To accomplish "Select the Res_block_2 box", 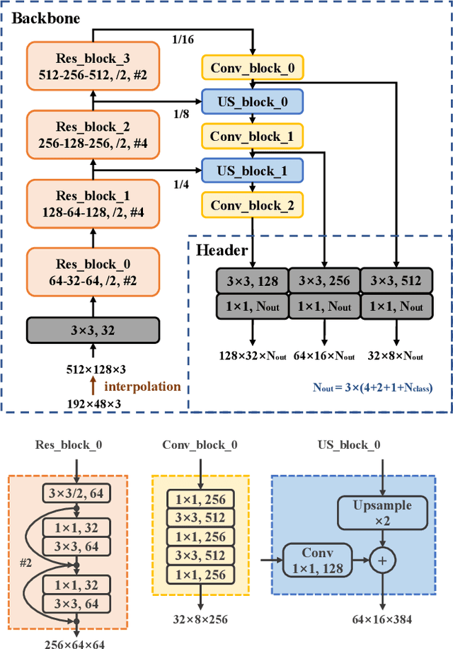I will pyautogui.click(x=92, y=134).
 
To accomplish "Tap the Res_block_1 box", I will pyautogui.click(x=92, y=204).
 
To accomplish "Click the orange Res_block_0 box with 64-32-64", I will pyautogui.click(x=92, y=272).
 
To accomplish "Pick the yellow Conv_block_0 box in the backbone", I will pyautogui.click(x=253, y=68).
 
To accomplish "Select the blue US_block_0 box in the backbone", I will pyautogui.click(x=253, y=102).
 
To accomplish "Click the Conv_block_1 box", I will pyautogui.click(x=253, y=136).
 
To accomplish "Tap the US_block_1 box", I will pyautogui.click(x=253, y=171).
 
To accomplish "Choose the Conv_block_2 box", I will pyautogui.click(x=253, y=205).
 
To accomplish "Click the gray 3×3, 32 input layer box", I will pyautogui.click(x=92, y=329).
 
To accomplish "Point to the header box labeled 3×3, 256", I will pyautogui.click(x=324, y=281).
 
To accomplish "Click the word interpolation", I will pyautogui.click(x=142, y=386).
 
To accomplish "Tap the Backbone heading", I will pyautogui.click(x=45, y=18).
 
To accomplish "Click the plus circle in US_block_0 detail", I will pyautogui.click(x=383, y=561).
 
